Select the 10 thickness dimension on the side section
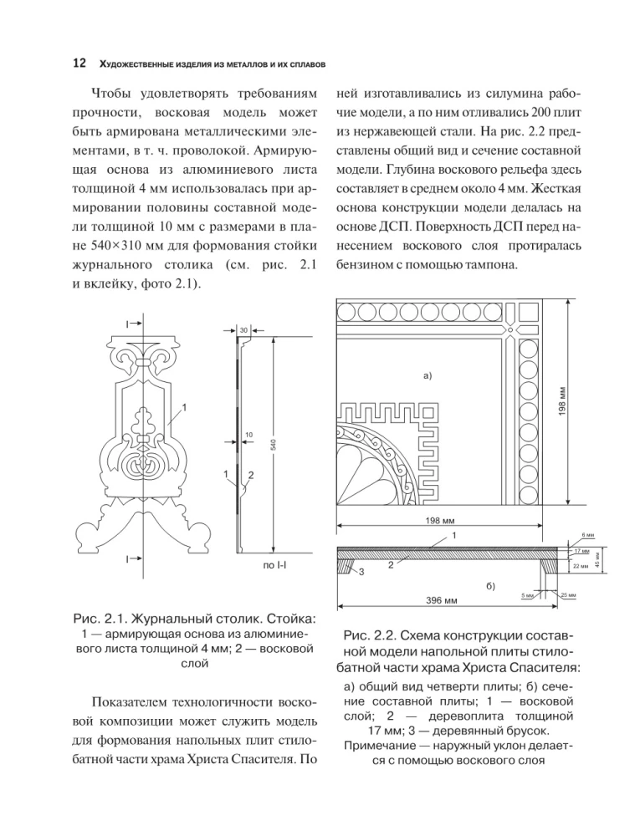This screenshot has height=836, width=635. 249,435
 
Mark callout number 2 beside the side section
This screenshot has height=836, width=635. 250,476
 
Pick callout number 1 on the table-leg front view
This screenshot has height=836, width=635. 184,407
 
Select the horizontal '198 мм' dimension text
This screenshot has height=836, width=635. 439,520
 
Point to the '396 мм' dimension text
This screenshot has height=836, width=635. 440,600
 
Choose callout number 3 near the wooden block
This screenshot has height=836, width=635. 361,573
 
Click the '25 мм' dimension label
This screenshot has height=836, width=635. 568,594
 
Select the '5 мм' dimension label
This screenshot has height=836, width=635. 526,595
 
